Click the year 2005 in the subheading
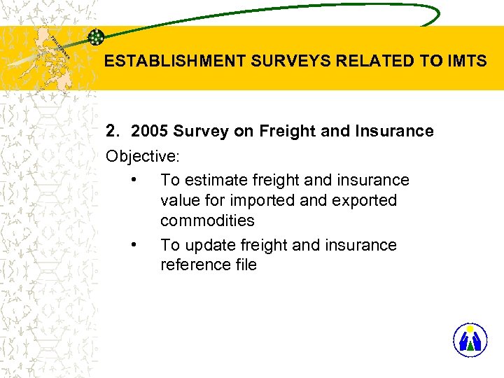(150, 131)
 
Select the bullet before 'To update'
(133, 245)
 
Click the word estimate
(215, 180)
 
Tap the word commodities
(207, 220)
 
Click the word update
(209, 245)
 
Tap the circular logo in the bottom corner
(470, 340)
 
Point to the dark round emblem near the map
(96, 38)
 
